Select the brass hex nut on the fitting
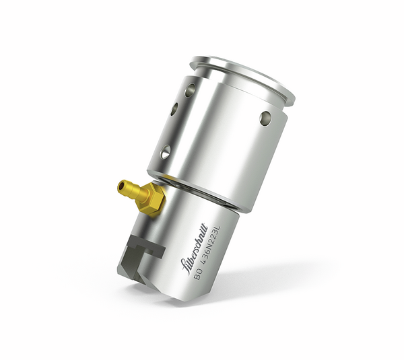pyautogui.click(x=151, y=199)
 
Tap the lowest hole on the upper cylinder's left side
pyautogui.click(x=164, y=152)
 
